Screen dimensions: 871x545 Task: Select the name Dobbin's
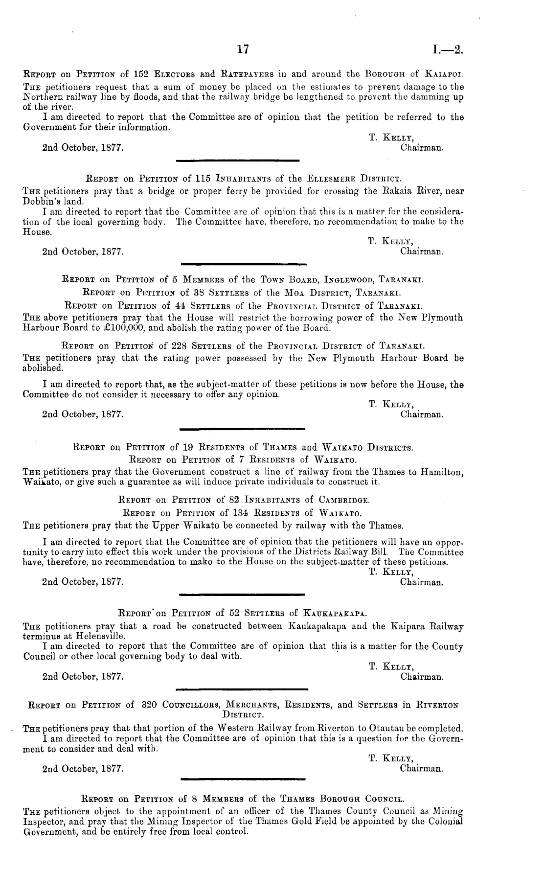click(x=38, y=201)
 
